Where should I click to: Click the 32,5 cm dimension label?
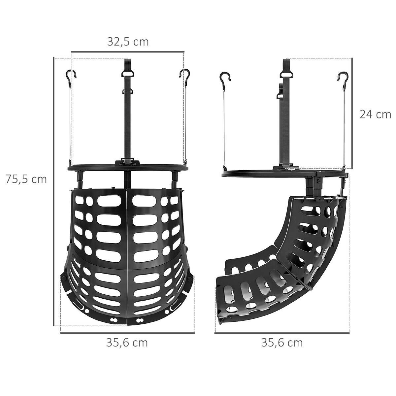[128, 42]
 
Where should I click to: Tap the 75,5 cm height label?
[26, 179]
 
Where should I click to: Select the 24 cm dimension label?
[375, 114]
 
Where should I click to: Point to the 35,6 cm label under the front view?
[127, 343]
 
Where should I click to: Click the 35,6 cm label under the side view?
[282, 343]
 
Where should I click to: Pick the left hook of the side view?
[225, 77]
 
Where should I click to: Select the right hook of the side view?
[342, 77]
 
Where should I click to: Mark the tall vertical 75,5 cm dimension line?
[53, 191]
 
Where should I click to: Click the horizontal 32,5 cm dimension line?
[127, 52]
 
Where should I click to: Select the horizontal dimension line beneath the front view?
[127, 333]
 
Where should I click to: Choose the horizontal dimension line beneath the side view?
[282, 333]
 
